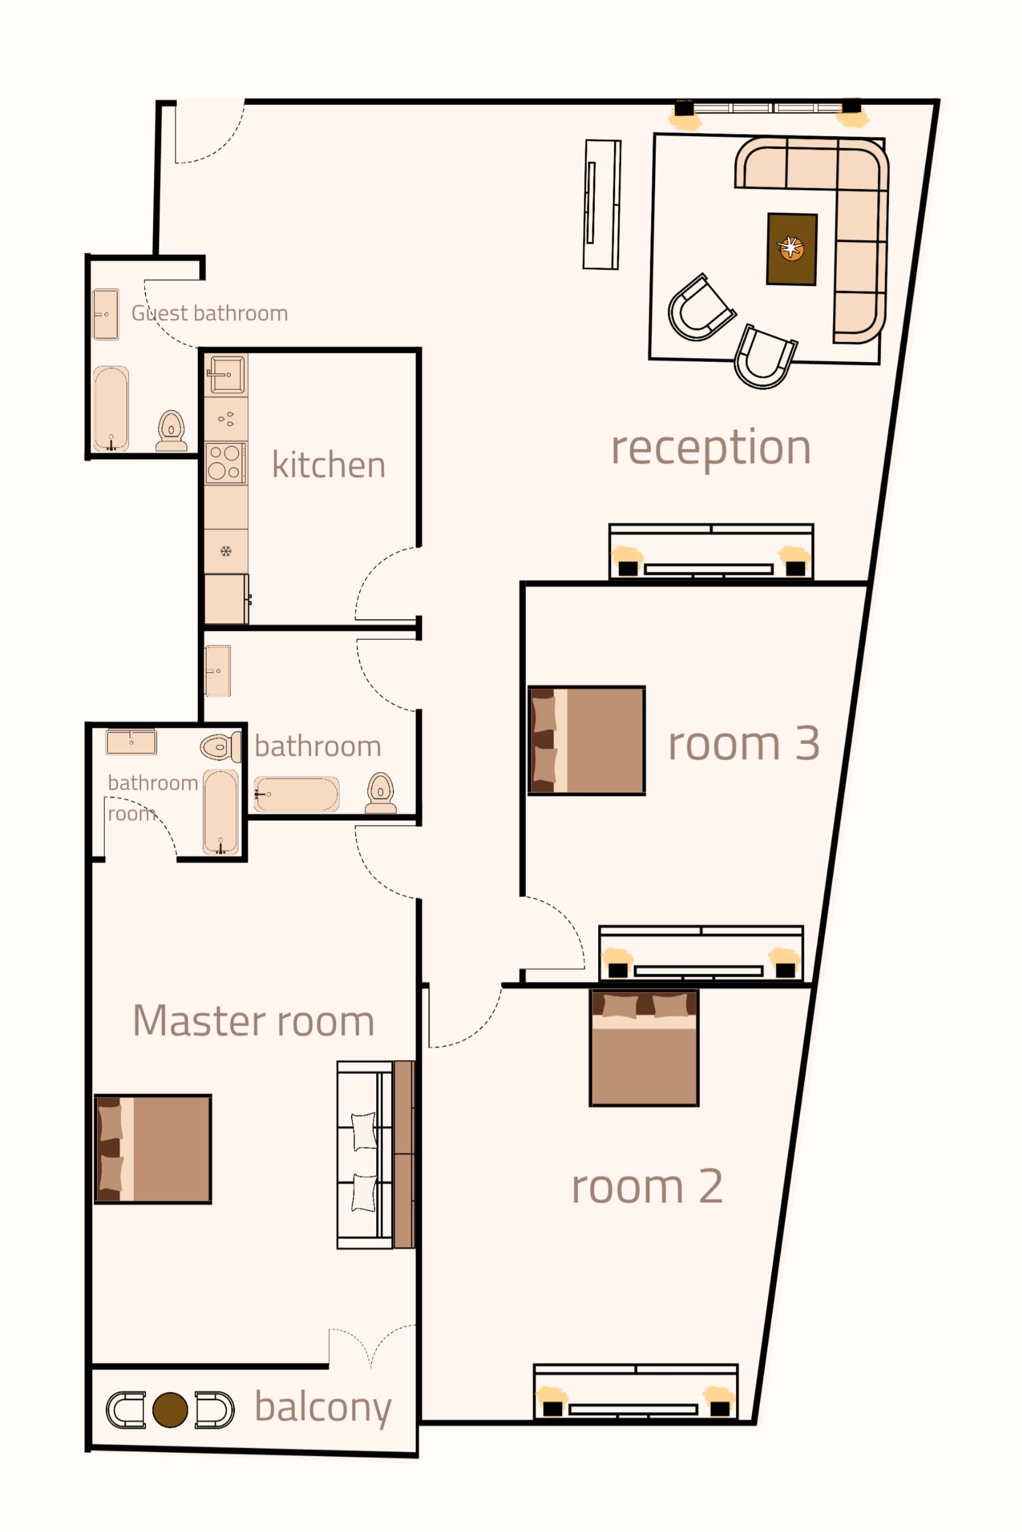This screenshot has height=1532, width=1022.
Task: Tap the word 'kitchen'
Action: click(328, 464)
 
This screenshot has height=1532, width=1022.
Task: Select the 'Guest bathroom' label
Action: click(209, 313)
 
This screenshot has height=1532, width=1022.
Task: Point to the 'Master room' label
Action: click(253, 1020)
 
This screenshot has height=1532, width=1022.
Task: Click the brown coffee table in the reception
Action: click(792, 249)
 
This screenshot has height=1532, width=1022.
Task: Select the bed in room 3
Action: click(587, 741)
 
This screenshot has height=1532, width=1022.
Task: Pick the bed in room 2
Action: click(644, 1048)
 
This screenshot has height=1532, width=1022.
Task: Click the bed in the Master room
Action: click(153, 1149)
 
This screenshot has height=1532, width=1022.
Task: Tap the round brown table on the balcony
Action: click(170, 1410)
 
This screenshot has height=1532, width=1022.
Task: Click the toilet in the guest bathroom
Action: click(171, 430)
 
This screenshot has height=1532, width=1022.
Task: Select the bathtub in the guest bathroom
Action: click(112, 409)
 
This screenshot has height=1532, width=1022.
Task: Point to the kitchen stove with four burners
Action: click(226, 462)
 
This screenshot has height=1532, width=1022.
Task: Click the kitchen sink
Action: click(226, 374)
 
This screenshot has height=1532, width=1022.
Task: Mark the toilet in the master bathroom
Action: click(220, 747)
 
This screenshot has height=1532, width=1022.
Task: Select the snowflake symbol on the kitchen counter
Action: click(226, 552)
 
